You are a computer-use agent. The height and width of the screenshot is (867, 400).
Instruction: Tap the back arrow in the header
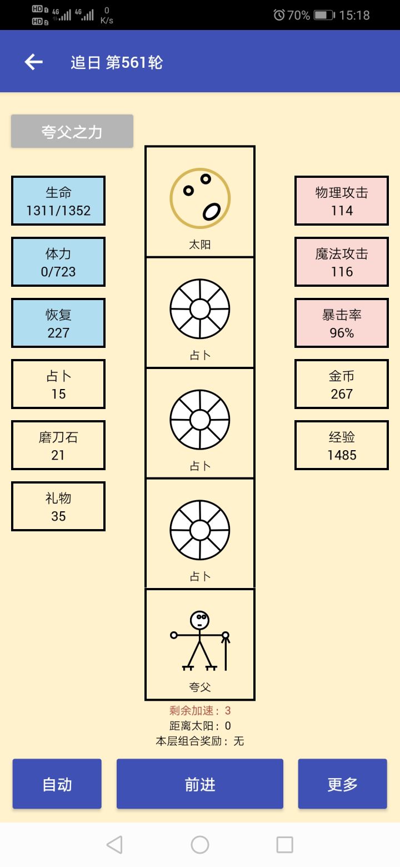point(34,62)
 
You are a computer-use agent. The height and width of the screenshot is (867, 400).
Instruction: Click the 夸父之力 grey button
point(72,131)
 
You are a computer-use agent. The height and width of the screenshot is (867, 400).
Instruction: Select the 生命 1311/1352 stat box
point(58,201)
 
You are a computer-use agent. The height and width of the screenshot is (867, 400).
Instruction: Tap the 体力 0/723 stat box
point(58,262)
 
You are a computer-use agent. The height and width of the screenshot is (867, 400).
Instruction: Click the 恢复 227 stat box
point(58,323)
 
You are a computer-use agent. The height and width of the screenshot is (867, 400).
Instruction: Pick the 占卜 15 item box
point(58,384)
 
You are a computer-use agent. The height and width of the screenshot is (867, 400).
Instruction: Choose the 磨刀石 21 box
point(58,445)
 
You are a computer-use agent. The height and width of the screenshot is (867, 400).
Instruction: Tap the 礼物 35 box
point(58,506)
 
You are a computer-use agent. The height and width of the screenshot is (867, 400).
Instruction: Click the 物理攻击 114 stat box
point(342,201)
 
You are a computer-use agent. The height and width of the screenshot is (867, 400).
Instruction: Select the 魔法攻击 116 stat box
point(342,262)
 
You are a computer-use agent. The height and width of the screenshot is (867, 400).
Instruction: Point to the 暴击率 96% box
point(342,323)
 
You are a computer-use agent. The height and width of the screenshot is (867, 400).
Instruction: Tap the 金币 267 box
point(342,384)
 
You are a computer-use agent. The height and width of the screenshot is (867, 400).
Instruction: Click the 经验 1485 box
point(342,445)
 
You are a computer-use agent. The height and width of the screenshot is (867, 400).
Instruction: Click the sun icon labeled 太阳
point(200,198)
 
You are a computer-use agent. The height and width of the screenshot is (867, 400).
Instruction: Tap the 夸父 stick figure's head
point(199,620)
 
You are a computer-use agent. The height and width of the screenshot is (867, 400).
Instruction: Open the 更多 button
point(342,784)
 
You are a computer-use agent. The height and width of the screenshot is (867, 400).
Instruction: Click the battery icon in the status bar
point(323,15)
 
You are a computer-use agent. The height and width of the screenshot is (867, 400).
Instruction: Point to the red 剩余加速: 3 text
point(200,710)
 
